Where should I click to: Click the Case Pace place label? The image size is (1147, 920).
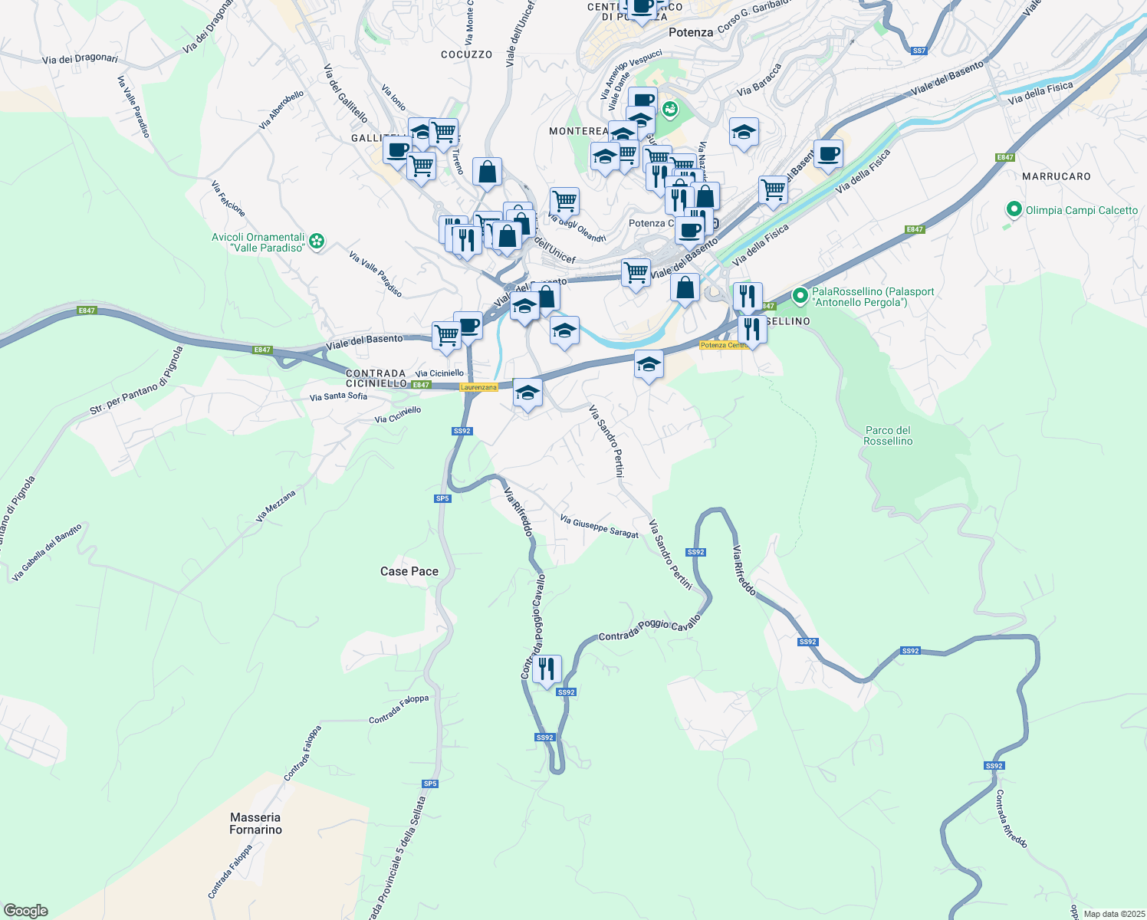[x=409, y=571]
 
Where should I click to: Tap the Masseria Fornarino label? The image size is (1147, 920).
[x=255, y=823]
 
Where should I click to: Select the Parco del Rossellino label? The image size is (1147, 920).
[x=888, y=435]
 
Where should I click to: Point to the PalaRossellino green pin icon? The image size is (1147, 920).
[x=800, y=294]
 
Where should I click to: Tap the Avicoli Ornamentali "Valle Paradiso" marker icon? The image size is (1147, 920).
[x=317, y=242]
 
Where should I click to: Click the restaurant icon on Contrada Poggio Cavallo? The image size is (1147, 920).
[x=547, y=669]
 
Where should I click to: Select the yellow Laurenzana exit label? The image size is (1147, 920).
[x=478, y=387]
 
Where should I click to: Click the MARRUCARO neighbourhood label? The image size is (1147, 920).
[x=1056, y=176]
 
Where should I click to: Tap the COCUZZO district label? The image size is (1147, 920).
[x=467, y=54]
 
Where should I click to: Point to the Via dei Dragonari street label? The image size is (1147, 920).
[x=81, y=59]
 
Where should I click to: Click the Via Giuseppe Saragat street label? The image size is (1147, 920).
[x=599, y=526]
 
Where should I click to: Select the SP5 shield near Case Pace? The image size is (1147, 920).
[x=442, y=498]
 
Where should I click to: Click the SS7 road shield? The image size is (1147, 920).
[x=919, y=51]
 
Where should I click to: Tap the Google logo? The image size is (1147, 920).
[x=25, y=911]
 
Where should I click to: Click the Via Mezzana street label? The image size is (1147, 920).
[x=275, y=506]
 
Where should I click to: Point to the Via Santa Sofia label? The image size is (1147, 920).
[x=338, y=396]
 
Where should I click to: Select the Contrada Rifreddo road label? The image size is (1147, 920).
[x=1011, y=819]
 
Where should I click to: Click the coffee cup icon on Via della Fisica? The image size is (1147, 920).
[x=828, y=153]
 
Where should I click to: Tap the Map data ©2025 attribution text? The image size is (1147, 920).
[x=1112, y=914]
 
